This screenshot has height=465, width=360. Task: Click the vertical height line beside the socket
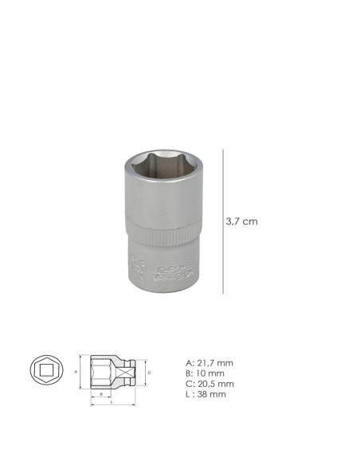(223, 221)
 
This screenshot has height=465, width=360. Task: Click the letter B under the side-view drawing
(100, 393)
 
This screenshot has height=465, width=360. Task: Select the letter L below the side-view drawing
(112, 402)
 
